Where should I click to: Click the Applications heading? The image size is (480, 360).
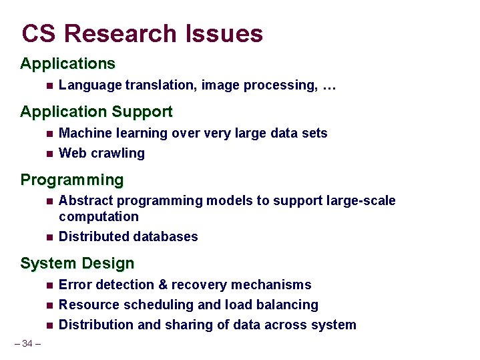(x=67, y=64)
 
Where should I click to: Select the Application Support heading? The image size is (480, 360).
(x=96, y=112)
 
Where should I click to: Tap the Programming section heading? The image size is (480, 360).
(x=72, y=180)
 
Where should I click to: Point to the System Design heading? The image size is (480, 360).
(x=77, y=263)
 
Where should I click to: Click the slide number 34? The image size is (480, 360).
(x=27, y=343)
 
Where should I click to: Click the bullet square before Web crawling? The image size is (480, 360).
(x=49, y=154)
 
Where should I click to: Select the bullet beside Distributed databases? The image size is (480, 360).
(x=49, y=237)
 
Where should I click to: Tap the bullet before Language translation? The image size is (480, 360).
(x=49, y=85)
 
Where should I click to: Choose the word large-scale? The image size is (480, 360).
(x=361, y=200)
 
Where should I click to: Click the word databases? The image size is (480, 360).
(x=166, y=236)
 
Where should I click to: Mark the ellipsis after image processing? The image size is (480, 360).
(x=328, y=85)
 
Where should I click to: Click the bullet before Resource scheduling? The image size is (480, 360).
(x=49, y=305)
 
